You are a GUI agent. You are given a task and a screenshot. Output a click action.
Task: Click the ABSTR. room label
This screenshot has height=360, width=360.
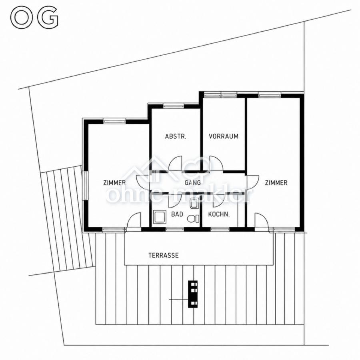coord(176,136)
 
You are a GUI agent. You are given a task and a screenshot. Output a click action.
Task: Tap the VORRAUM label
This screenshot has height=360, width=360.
coord(223,136)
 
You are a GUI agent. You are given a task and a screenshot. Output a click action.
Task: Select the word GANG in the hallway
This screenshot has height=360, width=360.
coord(193,183)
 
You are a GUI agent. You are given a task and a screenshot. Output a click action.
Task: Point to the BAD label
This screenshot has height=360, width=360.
coord(177,214)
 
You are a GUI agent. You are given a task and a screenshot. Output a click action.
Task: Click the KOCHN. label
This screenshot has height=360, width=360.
coord(219,214)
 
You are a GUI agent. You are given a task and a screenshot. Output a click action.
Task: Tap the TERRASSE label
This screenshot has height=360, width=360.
coord(164,255)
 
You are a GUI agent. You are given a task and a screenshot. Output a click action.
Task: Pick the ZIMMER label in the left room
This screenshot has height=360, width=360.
coord(114,183)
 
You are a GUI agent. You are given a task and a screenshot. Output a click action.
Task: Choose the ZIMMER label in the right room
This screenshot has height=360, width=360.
coord(276,183)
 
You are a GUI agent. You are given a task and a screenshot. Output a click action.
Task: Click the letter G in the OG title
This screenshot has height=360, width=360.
coord(48,18)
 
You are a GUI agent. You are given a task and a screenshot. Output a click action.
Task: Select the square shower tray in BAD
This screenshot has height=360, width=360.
coord(160,217)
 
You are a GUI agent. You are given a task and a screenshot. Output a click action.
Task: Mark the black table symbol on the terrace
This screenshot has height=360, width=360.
coord(193,294)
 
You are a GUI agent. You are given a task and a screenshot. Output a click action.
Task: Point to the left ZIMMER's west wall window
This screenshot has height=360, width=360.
coord(84,186)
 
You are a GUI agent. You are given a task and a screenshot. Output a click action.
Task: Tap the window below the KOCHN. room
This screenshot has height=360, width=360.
coord(220,229)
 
